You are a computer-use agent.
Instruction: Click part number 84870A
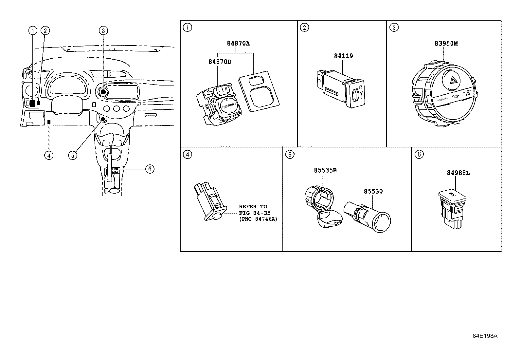click(x=238, y=43)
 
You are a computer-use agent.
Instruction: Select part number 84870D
click(x=220, y=62)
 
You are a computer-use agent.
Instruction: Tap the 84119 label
click(x=343, y=56)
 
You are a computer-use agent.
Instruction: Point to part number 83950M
click(x=446, y=43)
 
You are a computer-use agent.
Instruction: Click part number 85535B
click(x=325, y=170)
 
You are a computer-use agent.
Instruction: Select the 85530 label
click(x=373, y=191)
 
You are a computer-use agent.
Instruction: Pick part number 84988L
click(x=458, y=173)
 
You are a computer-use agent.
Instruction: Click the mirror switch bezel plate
click(x=260, y=91)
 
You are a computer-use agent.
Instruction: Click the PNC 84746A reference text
click(x=258, y=219)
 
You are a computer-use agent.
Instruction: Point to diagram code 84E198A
click(x=485, y=336)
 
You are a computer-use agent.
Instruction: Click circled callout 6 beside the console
click(x=149, y=169)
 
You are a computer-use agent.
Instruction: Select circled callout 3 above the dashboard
click(x=103, y=31)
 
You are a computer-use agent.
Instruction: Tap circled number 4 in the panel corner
click(x=187, y=154)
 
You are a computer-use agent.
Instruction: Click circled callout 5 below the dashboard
click(x=72, y=155)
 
